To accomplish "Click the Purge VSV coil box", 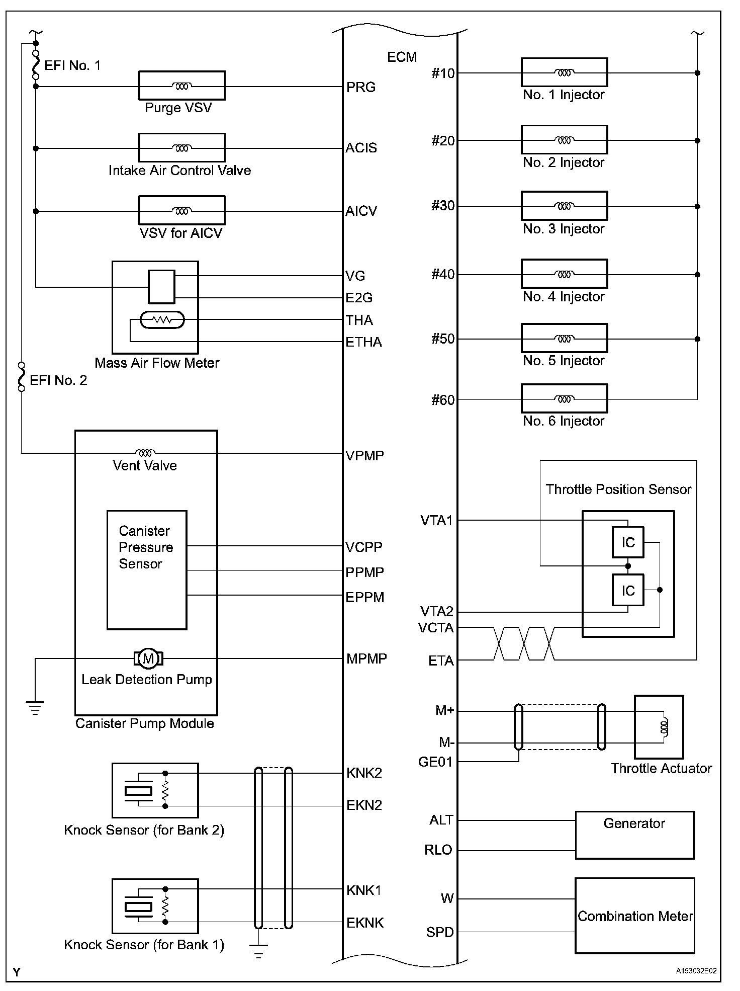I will (x=181, y=86).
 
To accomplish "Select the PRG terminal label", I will (x=361, y=87).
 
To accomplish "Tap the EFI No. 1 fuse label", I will (x=72, y=65).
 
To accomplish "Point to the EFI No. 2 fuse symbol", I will (x=21, y=376).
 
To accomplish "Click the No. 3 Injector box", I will (x=564, y=206).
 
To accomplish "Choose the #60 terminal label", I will (x=442, y=400).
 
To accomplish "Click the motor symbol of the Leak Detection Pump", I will (x=148, y=658).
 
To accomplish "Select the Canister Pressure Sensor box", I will (x=147, y=570).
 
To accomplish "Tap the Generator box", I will (x=634, y=835).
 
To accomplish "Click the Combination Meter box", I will (x=634, y=916).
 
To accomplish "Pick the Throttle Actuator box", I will (x=659, y=727).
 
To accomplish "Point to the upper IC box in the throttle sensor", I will (x=628, y=542).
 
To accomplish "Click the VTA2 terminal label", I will (x=436, y=612).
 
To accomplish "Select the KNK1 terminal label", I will (x=364, y=890).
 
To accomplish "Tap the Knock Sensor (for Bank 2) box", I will (x=155, y=790).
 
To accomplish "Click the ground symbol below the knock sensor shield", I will (x=258, y=950).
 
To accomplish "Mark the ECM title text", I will (x=402, y=57).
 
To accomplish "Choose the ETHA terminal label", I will (x=363, y=342).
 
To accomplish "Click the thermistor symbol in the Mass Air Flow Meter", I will (x=162, y=320).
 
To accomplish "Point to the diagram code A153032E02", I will (x=696, y=971).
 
